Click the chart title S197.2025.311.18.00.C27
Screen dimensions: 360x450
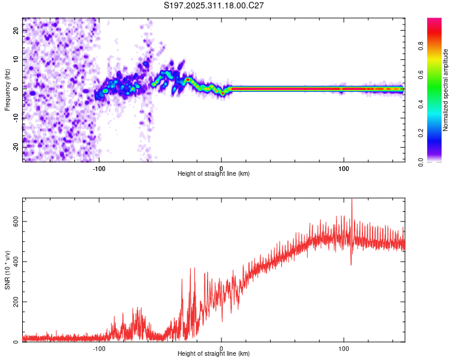[214, 5]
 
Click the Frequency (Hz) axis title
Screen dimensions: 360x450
[7, 90]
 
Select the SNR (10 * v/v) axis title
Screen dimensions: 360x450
[7, 270]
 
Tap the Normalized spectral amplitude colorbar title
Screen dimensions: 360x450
[445, 90]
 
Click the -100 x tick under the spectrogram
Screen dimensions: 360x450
[99, 169]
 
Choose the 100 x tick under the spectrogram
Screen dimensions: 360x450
[344, 169]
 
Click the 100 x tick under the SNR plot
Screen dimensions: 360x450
[344, 349]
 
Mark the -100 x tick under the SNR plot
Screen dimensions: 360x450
[99, 349]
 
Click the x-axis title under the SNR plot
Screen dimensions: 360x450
[214, 354]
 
